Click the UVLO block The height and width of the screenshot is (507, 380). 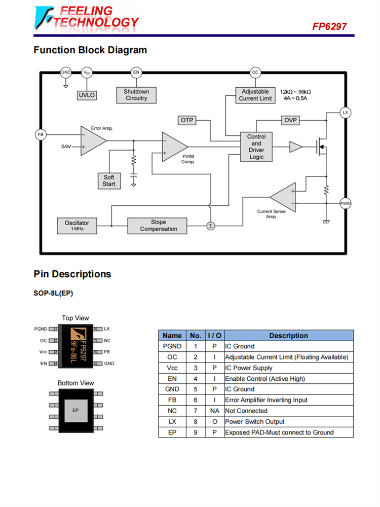click(87, 95)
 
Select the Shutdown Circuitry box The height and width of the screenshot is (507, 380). click(136, 95)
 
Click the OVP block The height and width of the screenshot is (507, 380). click(291, 120)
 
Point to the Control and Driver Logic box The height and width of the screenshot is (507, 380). click(256, 147)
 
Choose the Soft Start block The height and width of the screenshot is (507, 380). click(109, 180)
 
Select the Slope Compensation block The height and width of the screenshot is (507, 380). click(157, 226)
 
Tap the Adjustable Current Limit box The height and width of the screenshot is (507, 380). click(255, 95)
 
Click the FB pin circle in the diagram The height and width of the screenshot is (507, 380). click(41, 135)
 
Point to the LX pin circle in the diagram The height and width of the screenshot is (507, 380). click(346, 112)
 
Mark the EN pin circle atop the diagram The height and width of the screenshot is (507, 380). click(136, 73)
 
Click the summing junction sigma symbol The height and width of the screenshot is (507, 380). click(211, 226)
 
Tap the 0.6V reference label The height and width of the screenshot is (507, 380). click(66, 146)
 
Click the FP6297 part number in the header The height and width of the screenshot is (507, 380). click(329, 26)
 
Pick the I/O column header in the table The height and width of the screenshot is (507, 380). click(214, 336)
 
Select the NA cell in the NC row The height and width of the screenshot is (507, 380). click(214, 411)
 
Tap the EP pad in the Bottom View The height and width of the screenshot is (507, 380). click(75, 410)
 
